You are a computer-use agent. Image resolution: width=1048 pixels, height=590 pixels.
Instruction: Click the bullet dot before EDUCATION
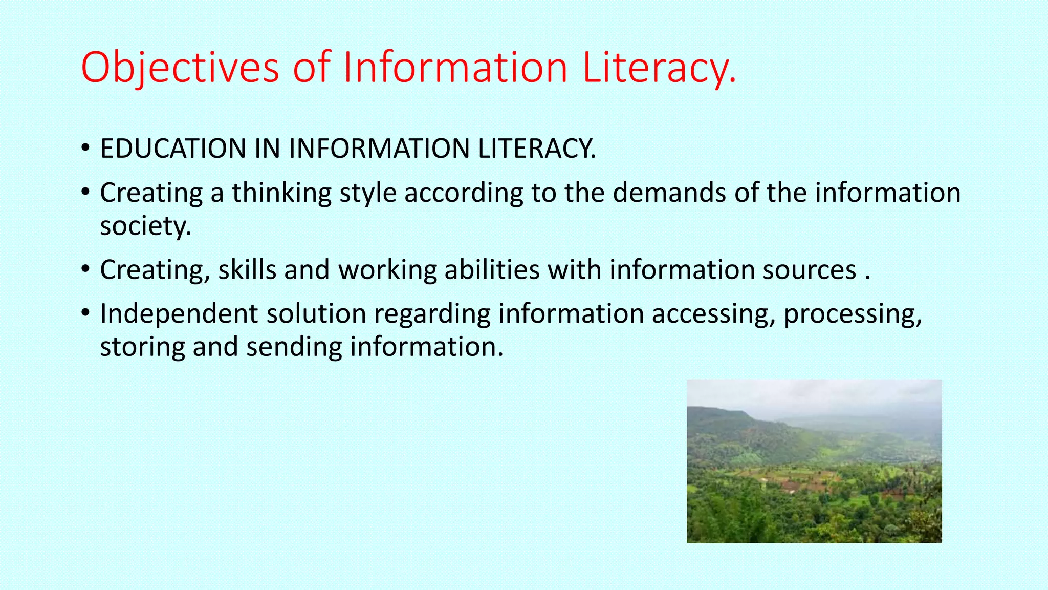point(85,148)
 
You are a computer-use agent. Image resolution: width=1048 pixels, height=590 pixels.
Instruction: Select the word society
point(145,226)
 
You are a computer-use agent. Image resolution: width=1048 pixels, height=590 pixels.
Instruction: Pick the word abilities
point(492,270)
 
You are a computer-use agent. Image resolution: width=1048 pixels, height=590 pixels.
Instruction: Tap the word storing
point(142,347)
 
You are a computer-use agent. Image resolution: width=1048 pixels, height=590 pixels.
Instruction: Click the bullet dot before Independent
point(85,312)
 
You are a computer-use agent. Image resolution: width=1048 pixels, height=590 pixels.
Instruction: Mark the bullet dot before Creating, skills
point(85,269)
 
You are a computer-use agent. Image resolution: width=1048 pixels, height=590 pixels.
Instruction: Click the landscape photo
point(814,461)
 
